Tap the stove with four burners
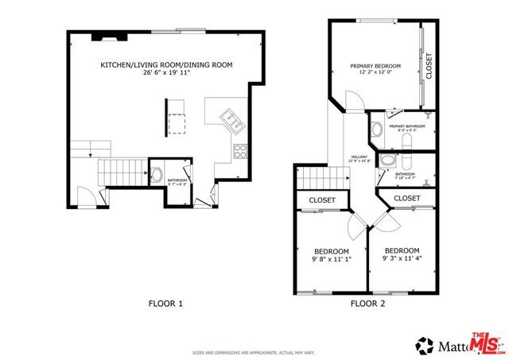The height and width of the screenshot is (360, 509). click(x=239, y=152)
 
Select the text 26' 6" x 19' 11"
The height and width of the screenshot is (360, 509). click(x=166, y=73)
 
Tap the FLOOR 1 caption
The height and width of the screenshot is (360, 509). click(x=166, y=303)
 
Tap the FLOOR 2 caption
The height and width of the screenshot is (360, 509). click(x=367, y=303)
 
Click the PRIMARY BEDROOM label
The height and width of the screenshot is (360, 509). click(x=375, y=66)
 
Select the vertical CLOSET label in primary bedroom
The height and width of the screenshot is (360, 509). click(x=429, y=66)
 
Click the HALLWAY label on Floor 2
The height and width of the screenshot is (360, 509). click(x=359, y=157)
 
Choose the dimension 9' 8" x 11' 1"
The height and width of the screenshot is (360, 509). click(x=330, y=257)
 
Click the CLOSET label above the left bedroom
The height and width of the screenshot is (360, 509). click(x=322, y=200)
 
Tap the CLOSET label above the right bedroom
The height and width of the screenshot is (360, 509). click(x=406, y=198)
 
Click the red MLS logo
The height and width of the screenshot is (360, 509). click(x=487, y=343)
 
